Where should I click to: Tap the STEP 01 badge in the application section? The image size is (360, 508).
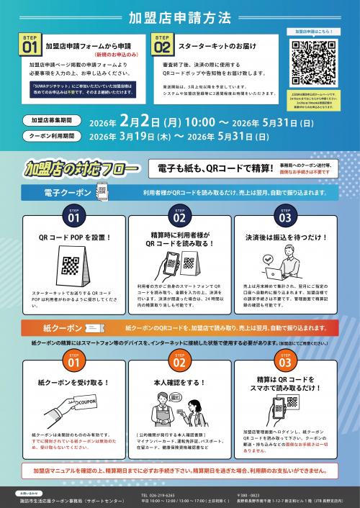30,45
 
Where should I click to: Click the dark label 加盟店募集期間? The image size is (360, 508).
50,120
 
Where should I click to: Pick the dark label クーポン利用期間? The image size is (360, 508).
50,134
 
